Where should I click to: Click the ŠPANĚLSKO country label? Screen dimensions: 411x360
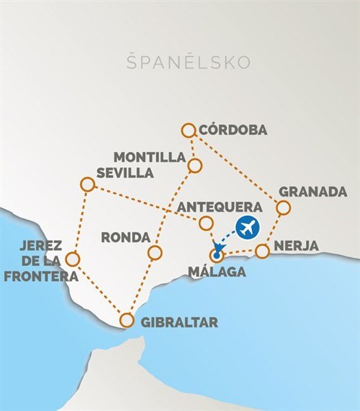188,62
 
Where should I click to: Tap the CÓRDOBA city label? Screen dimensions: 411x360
233,130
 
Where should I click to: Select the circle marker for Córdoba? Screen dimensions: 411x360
189,129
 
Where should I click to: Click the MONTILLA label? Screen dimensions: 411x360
150,157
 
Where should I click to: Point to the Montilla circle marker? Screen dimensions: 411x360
195,166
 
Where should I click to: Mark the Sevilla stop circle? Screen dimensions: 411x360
87,184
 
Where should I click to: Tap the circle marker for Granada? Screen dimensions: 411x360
283,208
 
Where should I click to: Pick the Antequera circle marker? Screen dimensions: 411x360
205,223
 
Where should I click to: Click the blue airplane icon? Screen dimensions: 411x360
247,226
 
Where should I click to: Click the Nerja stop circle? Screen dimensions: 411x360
262,251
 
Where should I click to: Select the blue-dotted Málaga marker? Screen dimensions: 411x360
217,256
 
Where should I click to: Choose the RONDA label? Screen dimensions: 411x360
125,237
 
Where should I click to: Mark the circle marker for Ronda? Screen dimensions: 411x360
155,253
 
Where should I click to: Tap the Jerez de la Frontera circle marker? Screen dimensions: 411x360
72,259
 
